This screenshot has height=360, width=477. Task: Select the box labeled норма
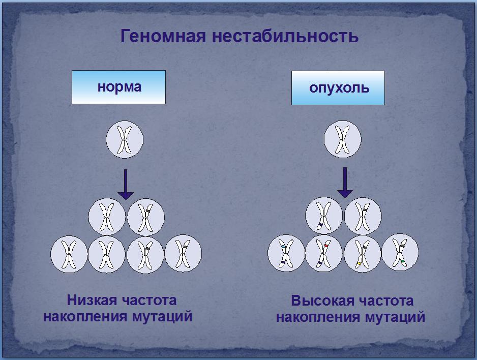[118, 87]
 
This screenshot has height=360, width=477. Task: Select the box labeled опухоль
[338, 88]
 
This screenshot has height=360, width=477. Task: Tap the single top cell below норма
[125, 139]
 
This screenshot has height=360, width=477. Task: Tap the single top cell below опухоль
[343, 139]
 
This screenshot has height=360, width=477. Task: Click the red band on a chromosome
[326, 246]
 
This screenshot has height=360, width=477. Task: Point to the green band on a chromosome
[403, 261]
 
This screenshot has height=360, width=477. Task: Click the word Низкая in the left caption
[92, 300]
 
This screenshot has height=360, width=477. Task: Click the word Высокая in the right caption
[322, 301]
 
